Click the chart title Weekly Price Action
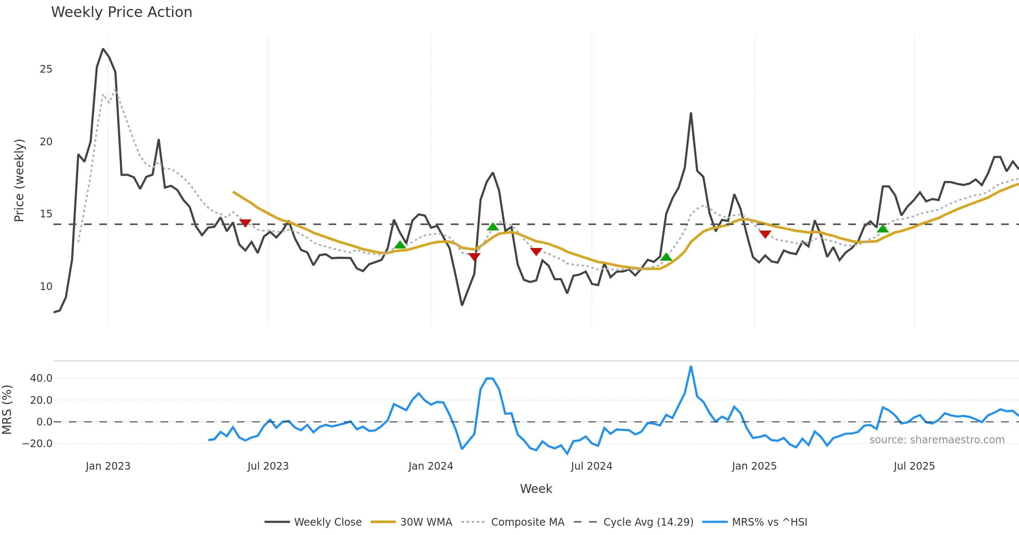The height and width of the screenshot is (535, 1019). [x=121, y=12]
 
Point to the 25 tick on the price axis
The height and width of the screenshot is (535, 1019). [x=46, y=69]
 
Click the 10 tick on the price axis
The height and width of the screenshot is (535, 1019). [x=46, y=287]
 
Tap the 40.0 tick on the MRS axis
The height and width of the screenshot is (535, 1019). [x=41, y=378]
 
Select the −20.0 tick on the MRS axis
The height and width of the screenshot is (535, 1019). [x=37, y=444]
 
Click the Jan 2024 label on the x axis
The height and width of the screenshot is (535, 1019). [x=431, y=466]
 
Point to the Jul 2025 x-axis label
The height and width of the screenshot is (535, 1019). [x=914, y=466]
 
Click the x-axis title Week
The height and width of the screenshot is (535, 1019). [x=536, y=489]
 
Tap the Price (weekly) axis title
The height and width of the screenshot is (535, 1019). [x=19, y=180]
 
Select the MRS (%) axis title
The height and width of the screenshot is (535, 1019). [x=7, y=410]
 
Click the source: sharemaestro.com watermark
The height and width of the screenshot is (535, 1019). [x=937, y=440]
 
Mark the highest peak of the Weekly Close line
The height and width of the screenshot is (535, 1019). [x=103, y=49]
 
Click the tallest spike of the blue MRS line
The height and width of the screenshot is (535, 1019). [x=691, y=366]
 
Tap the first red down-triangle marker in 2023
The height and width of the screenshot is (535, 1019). [x=245, y=223]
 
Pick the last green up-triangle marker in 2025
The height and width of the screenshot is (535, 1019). [x=883, y=228]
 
